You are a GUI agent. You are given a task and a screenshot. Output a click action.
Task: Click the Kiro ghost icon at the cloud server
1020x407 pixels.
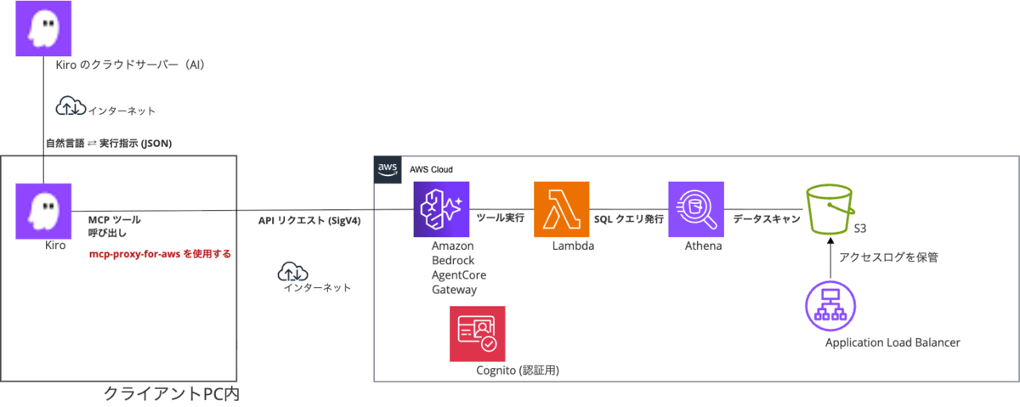(43, 28)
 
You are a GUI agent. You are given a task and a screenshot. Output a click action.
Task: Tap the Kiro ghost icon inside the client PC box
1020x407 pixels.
(43, 212)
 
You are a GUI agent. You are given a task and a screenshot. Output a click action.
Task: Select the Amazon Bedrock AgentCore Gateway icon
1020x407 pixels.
(441, 209)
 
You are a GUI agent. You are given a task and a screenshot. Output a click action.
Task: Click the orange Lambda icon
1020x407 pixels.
(562, 209)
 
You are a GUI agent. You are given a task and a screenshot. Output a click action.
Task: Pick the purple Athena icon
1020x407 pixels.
(696, 209)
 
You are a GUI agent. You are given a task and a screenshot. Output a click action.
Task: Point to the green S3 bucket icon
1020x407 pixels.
(830, 209)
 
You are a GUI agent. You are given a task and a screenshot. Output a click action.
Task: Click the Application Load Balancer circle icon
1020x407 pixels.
(830, 306)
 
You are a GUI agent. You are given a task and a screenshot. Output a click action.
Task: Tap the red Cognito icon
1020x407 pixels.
(477, 334)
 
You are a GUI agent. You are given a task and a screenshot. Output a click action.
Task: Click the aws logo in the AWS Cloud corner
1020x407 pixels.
(388, 169)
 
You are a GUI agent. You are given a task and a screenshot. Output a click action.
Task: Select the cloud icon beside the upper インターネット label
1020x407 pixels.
(71, 105)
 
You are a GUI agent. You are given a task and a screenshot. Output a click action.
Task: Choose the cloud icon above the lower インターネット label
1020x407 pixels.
(292, 271)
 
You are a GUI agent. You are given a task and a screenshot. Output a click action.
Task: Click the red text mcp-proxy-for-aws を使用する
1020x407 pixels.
(160, 254)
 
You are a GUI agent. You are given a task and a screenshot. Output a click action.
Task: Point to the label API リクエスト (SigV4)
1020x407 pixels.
(309, 221)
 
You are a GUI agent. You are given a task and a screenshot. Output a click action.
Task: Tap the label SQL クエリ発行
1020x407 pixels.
(628, 219)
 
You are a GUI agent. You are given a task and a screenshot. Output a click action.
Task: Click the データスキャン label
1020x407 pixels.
(767, 219)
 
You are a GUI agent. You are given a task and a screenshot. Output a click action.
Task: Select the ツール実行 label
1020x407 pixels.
(500, 218)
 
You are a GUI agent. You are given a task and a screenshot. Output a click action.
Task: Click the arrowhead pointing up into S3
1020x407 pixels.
(830, 240)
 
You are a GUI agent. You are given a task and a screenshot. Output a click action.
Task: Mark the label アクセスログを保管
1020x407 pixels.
(888, 257)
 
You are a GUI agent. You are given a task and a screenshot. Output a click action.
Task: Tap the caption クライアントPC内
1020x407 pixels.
(171, 393)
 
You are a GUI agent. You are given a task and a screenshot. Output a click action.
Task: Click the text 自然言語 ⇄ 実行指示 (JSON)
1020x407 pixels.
(109, 144)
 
